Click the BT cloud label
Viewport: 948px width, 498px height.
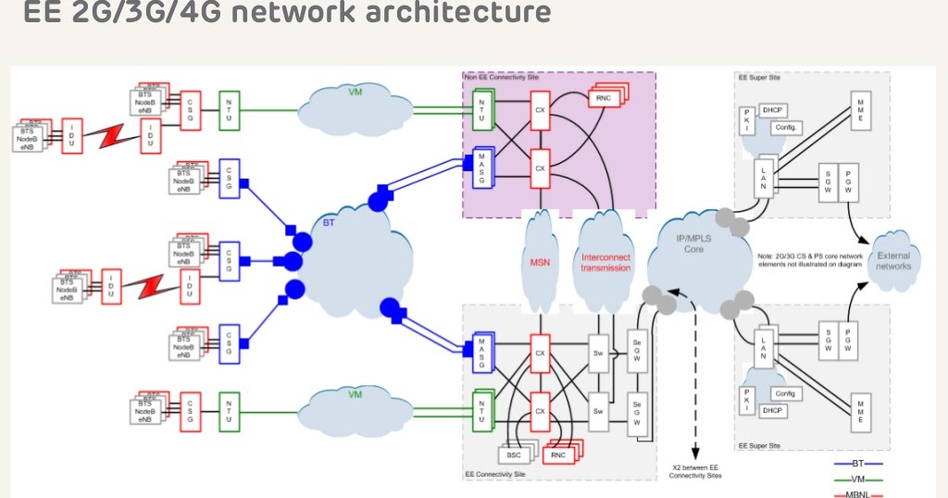[x=330, y=223]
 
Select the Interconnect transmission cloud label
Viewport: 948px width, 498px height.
[x=605, y=262]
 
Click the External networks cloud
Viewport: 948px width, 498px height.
[x=893, y=261]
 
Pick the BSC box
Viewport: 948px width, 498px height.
[x=515, y=454]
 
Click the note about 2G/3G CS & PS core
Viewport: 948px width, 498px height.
[x=810, y=261]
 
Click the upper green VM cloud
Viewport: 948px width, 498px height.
[x=355, y=94]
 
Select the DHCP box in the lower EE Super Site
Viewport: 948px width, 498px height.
[x=773, y=410]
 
